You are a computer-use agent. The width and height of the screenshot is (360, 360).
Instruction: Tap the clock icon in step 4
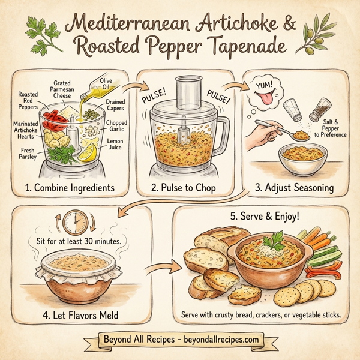tap(76, 223)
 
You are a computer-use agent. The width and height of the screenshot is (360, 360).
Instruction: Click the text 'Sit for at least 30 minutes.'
tap(76, 242)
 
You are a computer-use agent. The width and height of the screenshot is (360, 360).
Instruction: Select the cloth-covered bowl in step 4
tap(76, 279)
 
